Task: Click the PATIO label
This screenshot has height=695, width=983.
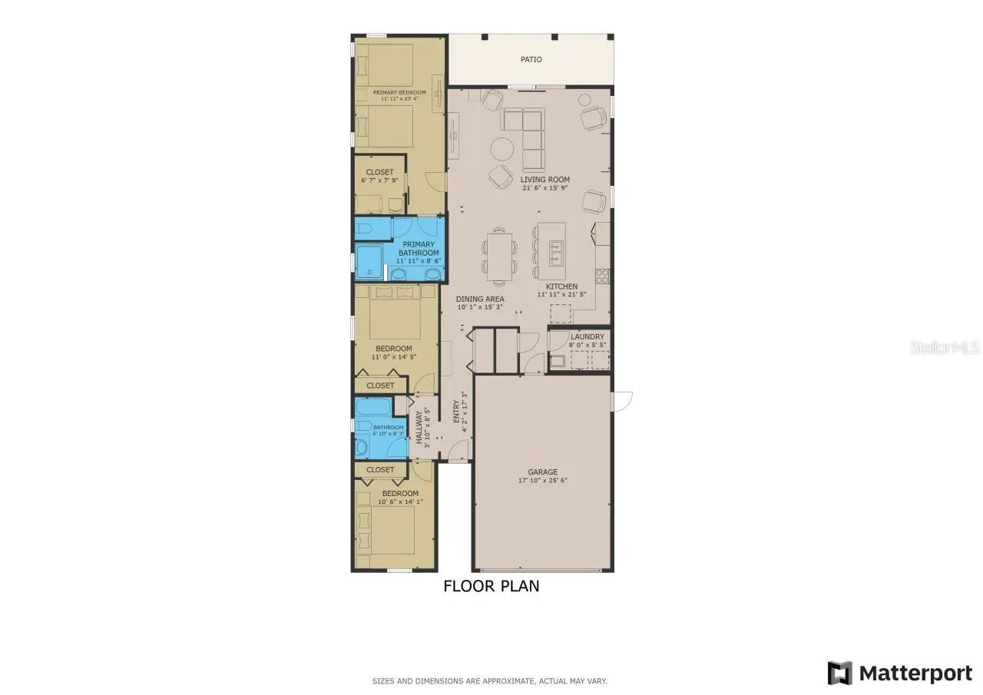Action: [531, 59]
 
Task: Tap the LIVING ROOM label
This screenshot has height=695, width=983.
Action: [544, 180]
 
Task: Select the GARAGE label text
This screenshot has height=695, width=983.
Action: [542, 472]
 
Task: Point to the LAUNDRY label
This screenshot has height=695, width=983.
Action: [587, 336]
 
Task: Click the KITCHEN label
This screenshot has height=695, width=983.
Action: [562, 286]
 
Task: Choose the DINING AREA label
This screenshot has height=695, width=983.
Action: [480, 299]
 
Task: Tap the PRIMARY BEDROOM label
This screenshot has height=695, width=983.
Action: [399, 93]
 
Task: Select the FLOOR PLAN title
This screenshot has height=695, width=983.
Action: [491, 586]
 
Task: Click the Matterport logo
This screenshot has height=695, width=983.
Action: [899, 673]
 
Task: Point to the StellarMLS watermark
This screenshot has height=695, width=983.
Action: [945, 348]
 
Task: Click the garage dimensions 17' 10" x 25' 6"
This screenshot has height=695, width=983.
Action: [542, 481]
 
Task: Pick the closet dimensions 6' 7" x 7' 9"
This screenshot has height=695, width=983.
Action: [379, 180]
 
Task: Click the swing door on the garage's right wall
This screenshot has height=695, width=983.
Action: [620, 401]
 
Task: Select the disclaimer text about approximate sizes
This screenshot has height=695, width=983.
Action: [490, 681]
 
